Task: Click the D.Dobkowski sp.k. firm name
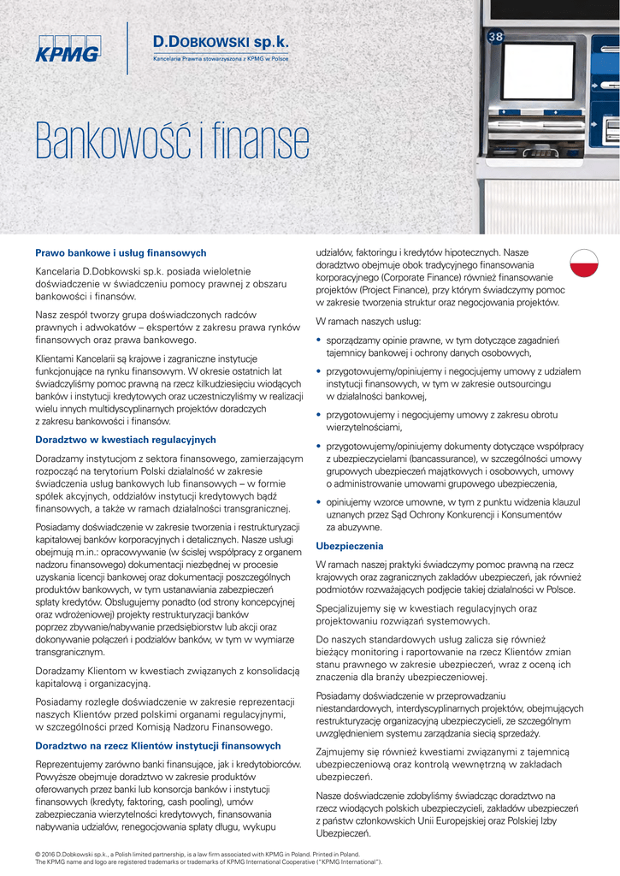220,42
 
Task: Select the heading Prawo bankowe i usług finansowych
121,253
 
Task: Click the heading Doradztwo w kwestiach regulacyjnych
126,439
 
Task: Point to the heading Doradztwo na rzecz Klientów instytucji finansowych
158,746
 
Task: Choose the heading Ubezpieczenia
350,546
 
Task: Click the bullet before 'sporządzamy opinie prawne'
319,340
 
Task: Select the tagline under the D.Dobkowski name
220,61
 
